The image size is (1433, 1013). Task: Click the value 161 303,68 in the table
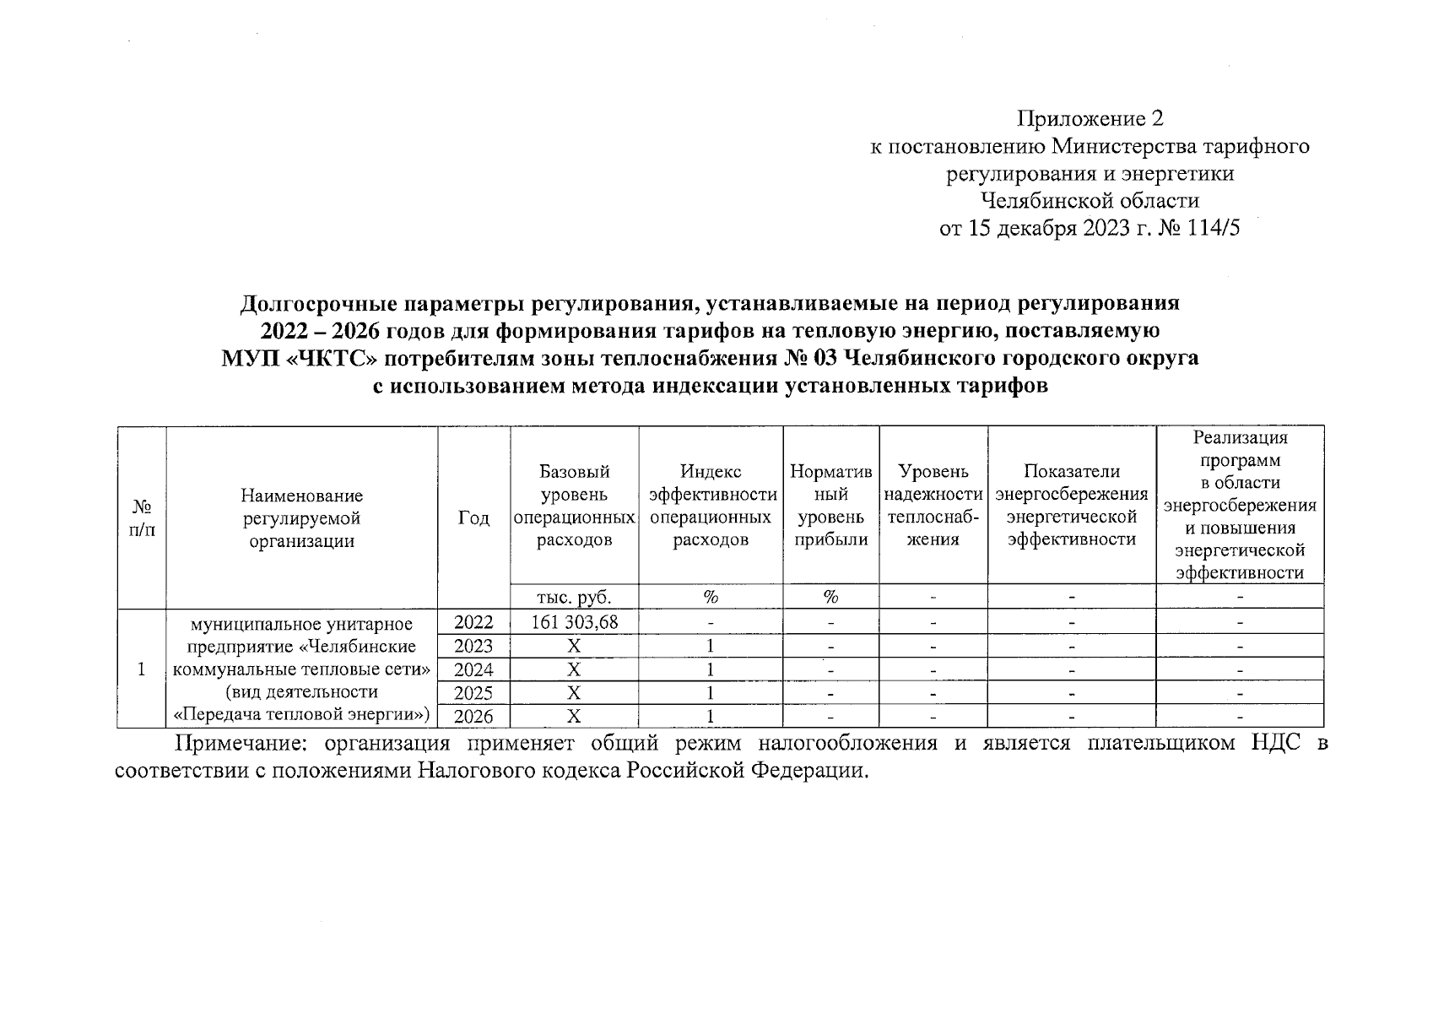(x=574, y=623)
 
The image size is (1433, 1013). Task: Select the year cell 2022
(x=473, y=623)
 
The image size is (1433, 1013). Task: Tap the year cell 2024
(x=473, y=670)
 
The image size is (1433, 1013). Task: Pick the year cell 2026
(x=473, y=717)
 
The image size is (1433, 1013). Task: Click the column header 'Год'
(x=473, y=517)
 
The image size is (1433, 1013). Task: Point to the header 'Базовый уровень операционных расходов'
(x=574, y=506)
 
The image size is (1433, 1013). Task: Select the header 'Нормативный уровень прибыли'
(x=830, y=506)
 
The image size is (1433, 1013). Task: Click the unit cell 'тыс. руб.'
(x=574, y=597)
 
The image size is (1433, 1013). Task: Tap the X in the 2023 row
(x=574, y=647)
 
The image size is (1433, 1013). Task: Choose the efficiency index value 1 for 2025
(x=711, y=693)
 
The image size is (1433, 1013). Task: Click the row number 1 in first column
(x=142, y=669)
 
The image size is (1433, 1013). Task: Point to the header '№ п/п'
(x=142, y=517)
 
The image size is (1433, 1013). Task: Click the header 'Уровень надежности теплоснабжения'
(x=933, y=506)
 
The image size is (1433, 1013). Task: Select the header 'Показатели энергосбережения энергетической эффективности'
(x=1071, y=506)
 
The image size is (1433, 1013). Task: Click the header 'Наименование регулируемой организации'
(x=301, y=517)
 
